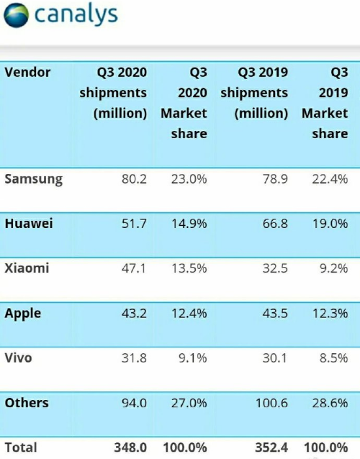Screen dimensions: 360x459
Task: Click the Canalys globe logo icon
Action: point(16,15)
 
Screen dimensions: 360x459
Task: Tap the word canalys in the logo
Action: point(76,14)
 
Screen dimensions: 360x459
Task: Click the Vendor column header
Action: point(27,73)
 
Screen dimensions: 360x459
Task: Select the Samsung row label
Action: point(34,179)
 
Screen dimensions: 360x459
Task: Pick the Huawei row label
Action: point(29,224)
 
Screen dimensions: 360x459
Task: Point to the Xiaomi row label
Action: point(27,268)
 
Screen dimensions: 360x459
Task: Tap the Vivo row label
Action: point(18,358)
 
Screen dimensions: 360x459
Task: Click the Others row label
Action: point(27,403)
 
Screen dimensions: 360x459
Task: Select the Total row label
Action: point(21,447)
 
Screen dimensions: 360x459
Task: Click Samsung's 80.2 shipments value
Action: point(134,179)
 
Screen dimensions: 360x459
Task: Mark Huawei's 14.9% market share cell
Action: point(189,224)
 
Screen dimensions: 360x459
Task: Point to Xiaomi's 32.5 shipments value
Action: point(275,268)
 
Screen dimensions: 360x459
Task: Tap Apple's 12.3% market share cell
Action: point(330,313)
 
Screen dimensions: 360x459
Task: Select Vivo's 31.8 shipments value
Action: point(134,358)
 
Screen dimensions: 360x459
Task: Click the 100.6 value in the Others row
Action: point(272,403)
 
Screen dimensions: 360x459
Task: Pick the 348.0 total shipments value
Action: point(130,447)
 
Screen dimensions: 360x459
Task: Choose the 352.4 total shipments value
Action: point(271,447)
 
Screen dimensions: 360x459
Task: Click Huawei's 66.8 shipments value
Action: point(275,224)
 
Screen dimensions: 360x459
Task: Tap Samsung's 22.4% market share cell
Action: point(330,179)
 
